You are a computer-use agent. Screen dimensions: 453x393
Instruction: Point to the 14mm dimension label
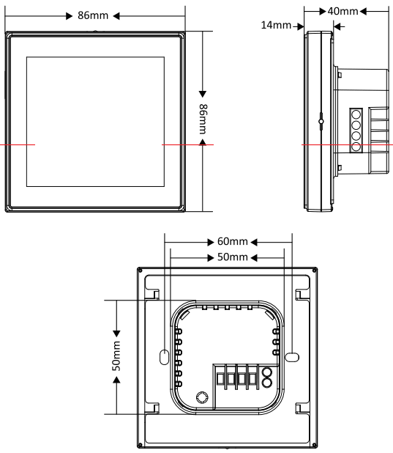275,26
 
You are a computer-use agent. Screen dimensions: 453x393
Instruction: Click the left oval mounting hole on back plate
162,356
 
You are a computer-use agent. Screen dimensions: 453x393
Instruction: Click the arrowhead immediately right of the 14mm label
299,26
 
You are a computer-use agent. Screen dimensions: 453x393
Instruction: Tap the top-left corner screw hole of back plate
141,270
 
